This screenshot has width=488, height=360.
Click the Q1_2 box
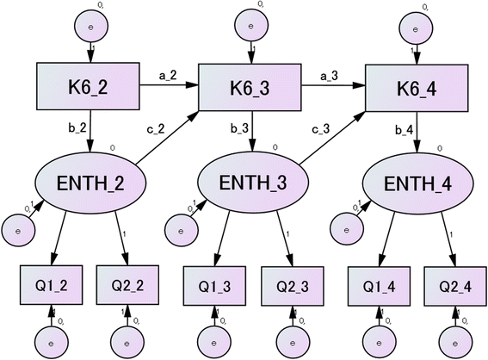pyautogui.click(x=51, y=284)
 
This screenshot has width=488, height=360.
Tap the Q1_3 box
pyautogui.click(x=214, y=284)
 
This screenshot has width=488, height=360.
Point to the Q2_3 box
pyautogui.click(x=288, y=284)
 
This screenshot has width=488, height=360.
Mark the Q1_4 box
pyautogui.click(x=378, y=284)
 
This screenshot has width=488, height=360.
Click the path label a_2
pyautogui.click(x=168, y=77)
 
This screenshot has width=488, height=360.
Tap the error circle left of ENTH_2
pyautogui.click(x=18, y=229)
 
